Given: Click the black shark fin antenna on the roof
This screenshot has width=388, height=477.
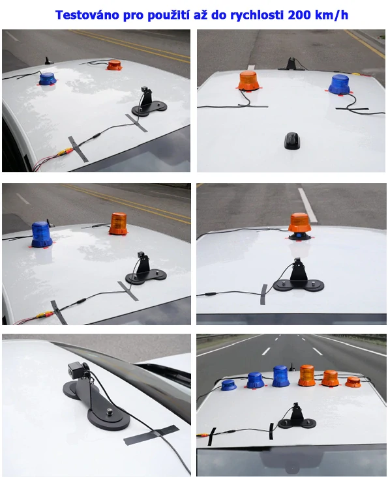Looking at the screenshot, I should click(x=291, y=139).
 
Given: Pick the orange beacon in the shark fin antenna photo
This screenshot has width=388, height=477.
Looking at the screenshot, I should click(x=248, y=81).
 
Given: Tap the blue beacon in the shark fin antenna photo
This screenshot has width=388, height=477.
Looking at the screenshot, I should click(x=339, y=84).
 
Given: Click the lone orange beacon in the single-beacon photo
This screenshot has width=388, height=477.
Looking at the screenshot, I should click(x=300, y=224).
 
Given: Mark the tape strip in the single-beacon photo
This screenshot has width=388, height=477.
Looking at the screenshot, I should click(x=263, y=294).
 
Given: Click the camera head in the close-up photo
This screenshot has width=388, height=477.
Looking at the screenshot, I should click(x=77, y=368).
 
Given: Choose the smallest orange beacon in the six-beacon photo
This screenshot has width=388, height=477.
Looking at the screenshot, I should click(x=353, y=382).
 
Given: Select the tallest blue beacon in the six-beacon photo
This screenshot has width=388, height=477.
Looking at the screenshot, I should click(x=280, y=376).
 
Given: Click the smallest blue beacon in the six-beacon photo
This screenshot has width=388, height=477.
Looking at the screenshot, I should click(x=228, y=385).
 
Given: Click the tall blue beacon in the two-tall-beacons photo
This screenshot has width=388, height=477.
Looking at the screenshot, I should click(x=42, y=234).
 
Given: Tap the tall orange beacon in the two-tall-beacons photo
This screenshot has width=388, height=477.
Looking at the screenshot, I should click(x=118, y=224).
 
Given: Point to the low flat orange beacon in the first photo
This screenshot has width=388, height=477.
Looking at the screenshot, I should click(x=114, y=65).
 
